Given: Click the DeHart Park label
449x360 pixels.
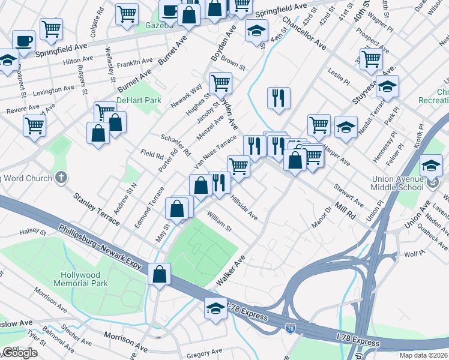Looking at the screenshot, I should (x=139, y=100).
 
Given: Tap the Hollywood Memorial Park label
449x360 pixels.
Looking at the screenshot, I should (x=83, y=279).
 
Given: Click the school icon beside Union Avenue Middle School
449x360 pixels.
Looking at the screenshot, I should (x=431, y=166).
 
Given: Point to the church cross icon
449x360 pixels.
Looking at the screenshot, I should (x=60, y=178).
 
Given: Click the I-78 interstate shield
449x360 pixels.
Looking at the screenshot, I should (x=290, y=328).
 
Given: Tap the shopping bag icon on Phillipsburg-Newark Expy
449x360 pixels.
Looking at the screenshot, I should (x=160, y=275).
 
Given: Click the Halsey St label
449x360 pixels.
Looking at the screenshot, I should (x=33, y=231).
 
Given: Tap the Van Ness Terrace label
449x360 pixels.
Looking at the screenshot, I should (x=215, y=152).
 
